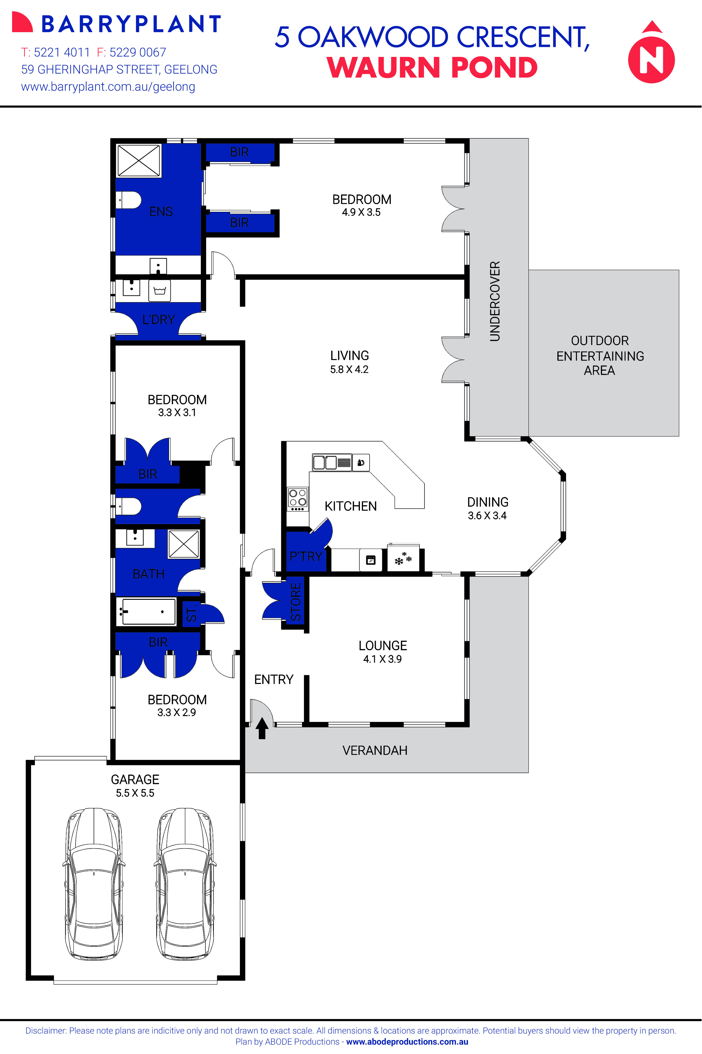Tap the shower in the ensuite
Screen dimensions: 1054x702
click(x=138, y=160)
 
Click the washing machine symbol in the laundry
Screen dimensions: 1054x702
click(x=159, y=291)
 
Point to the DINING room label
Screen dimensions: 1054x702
click(x=488, y=502)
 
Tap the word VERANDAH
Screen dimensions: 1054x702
click(x=375, y=750)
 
